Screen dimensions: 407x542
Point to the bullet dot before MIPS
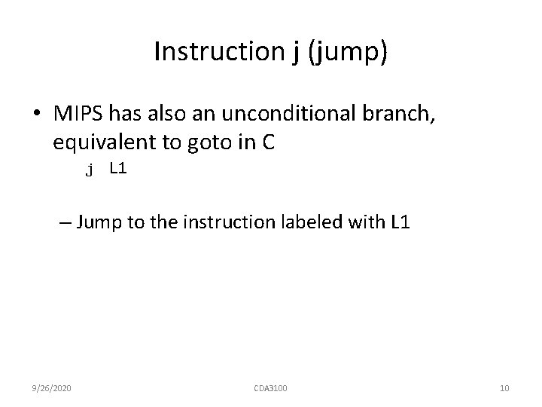point(37,113)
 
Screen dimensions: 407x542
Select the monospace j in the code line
point(90,170)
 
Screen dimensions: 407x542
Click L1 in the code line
point(118,169)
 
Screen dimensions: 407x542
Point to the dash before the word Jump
point(64,222)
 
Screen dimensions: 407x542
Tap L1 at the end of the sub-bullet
point(400,222)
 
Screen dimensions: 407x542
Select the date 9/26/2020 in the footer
point(51,387)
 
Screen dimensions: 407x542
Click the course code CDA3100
point(270,387)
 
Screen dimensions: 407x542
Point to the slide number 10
point(504,387)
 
